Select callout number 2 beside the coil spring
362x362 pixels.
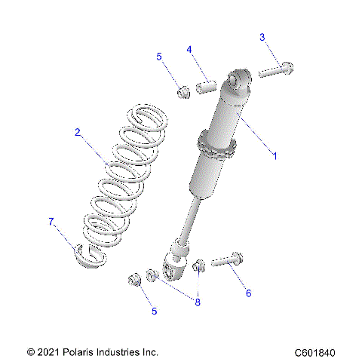pos(78,132)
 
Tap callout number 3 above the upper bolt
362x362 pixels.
pos(262,37)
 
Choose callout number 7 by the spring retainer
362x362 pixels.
pos(52,221)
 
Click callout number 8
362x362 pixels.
pos(198,302)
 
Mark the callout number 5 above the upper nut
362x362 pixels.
pos(159,57)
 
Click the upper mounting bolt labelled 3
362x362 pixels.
pos(276,72)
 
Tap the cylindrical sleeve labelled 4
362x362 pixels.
pos(207,85)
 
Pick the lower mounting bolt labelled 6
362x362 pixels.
pos(226,262)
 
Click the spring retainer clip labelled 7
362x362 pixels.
pos(90,257)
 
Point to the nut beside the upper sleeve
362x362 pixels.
pos(183,93)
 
